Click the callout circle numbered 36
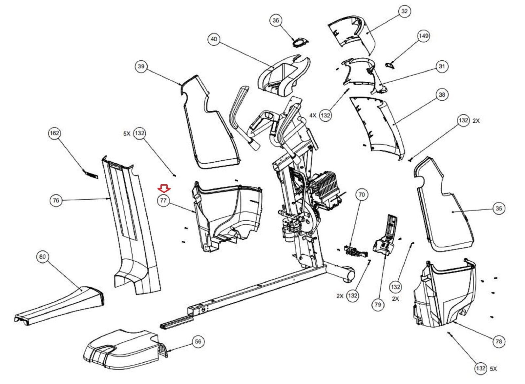click(x=276, y=20)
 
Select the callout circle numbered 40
click(x=214, y=39)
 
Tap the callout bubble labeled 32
click(x=404, y=11)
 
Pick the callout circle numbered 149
click(x=423, y=36)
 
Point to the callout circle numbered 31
click(x=442, y=66)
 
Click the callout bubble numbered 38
click(x=442, y=95)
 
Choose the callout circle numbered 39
click(x=141, y=67)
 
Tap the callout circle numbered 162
click(x=54, y=133)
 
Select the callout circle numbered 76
click(x=56, y=200)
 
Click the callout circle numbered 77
click(x=163, y=201)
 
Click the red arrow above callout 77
click(x=163, y=188)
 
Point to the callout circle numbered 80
click(x=43, y=256)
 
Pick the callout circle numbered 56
click(x=198, y=342)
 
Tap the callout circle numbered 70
click(x=362, y=195)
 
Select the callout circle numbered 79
click(x=378, y=305)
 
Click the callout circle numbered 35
click(x=499, y=208)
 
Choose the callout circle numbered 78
click(x=499, y=342)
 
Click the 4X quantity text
click(x=313, y=115)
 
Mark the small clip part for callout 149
click(x=389, y=65)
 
